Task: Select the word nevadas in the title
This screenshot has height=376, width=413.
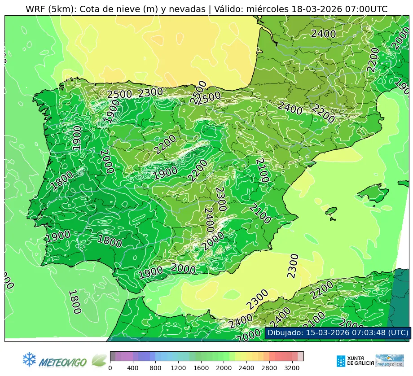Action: pyautogui.click(x=188, y=9)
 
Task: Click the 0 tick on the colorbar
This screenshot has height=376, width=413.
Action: pyautogui.click(x=110, y=368)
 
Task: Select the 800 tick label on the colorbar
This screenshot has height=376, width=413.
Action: pyautogui.click(x=156, y=368)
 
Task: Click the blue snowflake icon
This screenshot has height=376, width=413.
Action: pyautogui.click(x=29, y=359)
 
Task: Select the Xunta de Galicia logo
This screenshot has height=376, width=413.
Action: pyautogui.click(x=354, y=361)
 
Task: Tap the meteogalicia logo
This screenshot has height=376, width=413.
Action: pyautogui.click(x=390, y=361)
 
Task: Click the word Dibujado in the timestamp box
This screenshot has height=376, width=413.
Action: pyautogui.click(x=285, y=333)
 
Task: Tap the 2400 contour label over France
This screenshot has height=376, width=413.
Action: pyautogui.click(x=323, y=34)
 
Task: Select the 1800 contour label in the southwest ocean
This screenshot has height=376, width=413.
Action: pyautogui.click(x=74, y=302)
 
